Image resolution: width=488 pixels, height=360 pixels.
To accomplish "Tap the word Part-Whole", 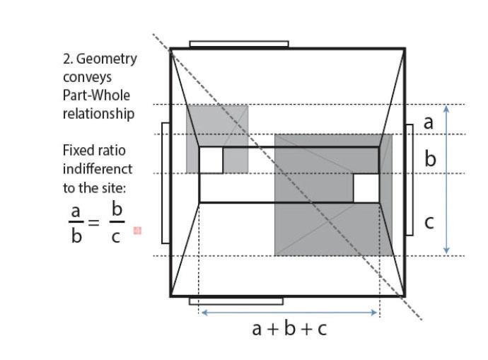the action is click(x=96, y=95).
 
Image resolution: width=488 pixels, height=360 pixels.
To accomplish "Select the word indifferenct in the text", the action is click(x=97, y=169).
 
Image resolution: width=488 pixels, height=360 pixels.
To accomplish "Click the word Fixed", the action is click(x=80, y=151).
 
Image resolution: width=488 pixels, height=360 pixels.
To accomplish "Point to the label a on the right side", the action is click(x=428, y=122).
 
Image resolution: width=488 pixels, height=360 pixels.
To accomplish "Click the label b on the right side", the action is click(x=430, y=158).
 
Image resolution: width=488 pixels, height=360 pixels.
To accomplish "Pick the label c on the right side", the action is click(x=429, y=222).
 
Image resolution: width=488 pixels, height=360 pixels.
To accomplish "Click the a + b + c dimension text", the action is click(x=289, y=327).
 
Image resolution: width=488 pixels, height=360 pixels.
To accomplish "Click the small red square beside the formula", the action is click(x=137, y=231).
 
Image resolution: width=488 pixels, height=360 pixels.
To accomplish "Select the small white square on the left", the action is click(x=211, y=160).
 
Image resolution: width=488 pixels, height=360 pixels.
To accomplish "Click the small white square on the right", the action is click(x=366, y=188).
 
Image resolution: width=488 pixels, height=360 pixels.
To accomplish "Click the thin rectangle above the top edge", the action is click(x=239, y=44).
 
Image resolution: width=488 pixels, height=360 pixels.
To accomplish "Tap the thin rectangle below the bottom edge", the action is click(x=236, y=301).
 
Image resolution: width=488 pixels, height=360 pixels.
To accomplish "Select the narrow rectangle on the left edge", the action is click(x=165, y=182).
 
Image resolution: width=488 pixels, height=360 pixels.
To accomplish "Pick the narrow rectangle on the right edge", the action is click(x=409, y=179).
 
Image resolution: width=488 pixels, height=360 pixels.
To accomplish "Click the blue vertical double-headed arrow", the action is click(x=446, y=180).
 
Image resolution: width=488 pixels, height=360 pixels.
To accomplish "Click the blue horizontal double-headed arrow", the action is click(x=289, y=312).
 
